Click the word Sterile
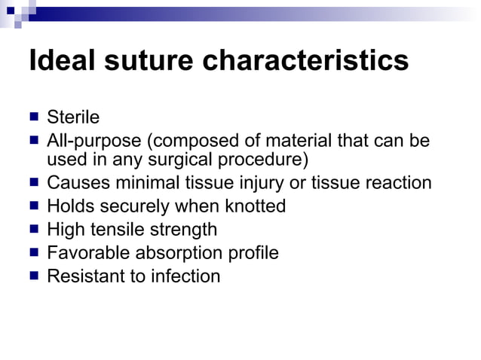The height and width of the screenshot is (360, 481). click(x=73, y=117)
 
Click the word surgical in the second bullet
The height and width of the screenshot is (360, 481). click(x=189, y=159)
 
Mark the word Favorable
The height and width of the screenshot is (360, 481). click(x=81, y=252)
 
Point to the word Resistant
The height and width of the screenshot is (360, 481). click(x=85, y=276)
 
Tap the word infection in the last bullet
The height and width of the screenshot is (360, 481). click(x=185, y=276)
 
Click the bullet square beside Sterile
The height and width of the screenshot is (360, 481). click(x=35, y=117)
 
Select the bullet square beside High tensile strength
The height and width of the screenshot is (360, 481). click(x=35, y=229)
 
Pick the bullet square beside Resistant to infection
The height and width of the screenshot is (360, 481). click(x=35, y=276)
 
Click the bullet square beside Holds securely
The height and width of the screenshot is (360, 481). click(x=35, y=206)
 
